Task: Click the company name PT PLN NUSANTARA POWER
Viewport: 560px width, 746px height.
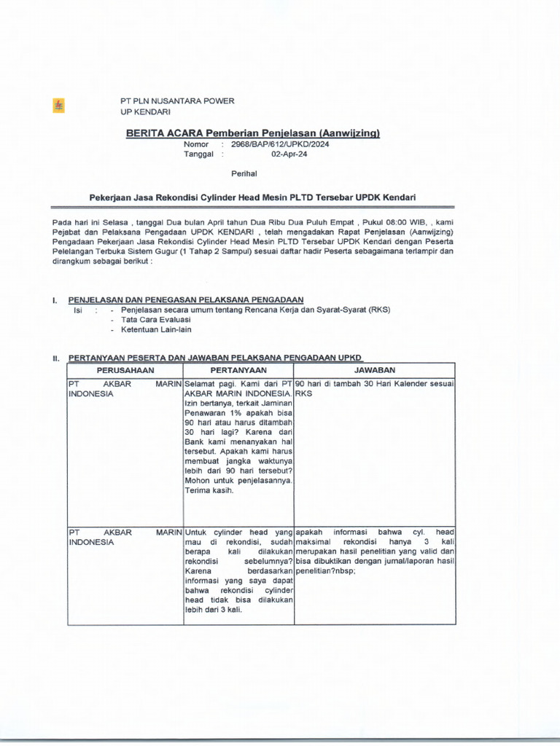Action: (177, 101)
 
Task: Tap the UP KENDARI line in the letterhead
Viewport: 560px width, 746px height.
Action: (145, 112)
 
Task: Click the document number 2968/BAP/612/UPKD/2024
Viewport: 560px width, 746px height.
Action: (281, 144)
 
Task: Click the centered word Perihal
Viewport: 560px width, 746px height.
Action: (244, 173)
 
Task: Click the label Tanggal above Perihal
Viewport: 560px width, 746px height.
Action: (198, 154)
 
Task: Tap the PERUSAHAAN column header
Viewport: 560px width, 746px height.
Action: (125, 370)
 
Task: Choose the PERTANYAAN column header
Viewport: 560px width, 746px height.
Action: (238, 370)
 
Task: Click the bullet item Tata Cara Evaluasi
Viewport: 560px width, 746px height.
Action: (156, 320)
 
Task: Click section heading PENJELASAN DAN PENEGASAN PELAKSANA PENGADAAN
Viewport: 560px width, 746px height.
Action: (185, 299)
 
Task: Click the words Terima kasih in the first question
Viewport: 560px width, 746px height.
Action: (209, 490)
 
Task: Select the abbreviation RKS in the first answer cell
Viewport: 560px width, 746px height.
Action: (304, 393)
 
